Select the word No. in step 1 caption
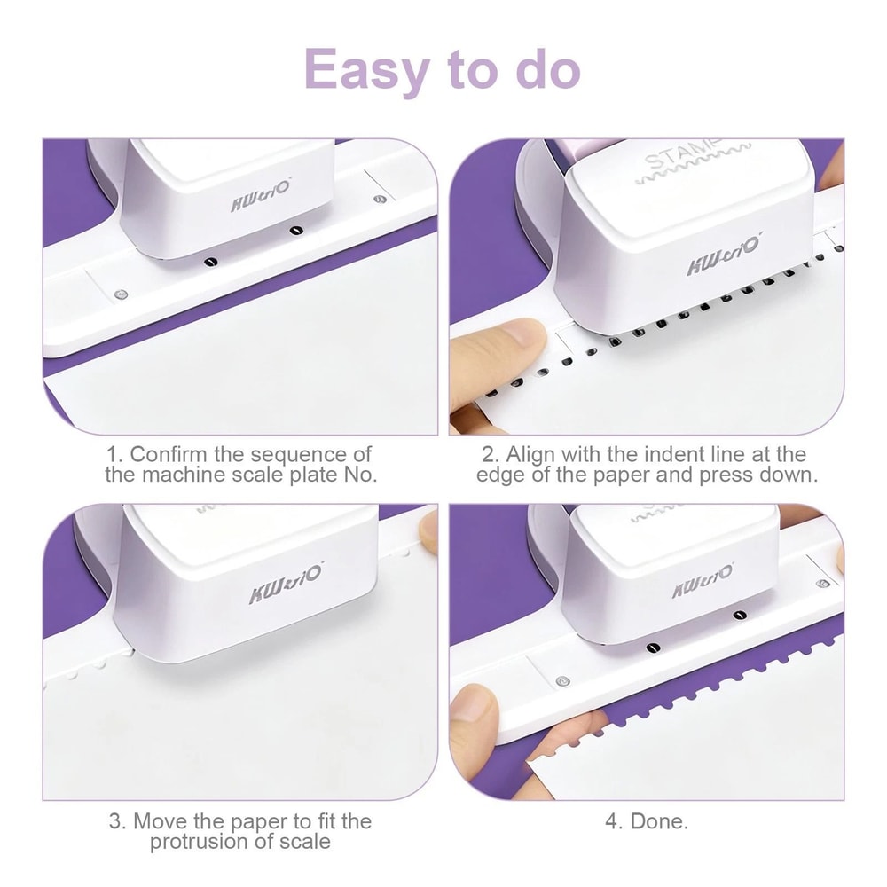point(359,475)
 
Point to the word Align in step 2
point(532,455)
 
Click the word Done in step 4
point(656,821)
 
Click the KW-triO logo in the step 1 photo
point(259,201)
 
